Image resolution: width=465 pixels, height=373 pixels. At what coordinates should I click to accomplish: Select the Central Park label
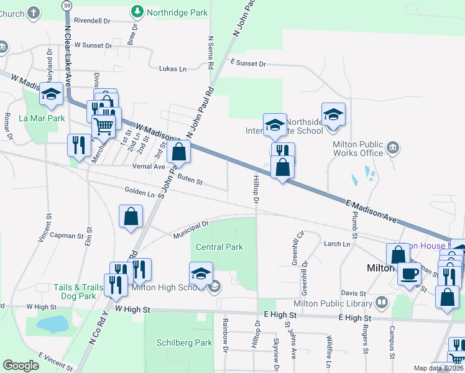pyautogui.click(x=219, y=247)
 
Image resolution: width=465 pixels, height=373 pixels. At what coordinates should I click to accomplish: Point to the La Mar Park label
pyautogui.click(x=42, y=118)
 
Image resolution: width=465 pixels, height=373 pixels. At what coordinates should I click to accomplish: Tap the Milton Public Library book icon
pyautogui.click(x=381, y=302)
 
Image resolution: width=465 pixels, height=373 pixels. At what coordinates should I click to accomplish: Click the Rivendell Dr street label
pyautogui.click(x=91, y=21)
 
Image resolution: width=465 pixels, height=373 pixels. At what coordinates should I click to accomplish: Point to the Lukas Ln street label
pyautogui.click(x=173, y=68)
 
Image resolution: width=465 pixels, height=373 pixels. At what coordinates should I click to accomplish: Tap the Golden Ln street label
pyautogui.click(x=139, y=193)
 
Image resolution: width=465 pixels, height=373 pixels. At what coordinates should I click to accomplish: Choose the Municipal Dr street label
pyautogui.click(x=190, y=227)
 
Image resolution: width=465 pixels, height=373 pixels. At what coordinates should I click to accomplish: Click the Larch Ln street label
pyautogui.click(x=337, y=244)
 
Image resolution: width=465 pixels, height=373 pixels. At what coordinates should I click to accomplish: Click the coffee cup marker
pyautogui.click(x=409, y=274)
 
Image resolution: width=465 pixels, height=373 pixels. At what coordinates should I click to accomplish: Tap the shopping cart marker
pyautogui.click(x=103, y=126)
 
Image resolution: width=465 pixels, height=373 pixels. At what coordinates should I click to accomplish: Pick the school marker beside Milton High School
pyautogui.click(x=200, y=274)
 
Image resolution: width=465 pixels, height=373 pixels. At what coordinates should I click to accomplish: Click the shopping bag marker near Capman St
pyautogui.click(x=131, y=217)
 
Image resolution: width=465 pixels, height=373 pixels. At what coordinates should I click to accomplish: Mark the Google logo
pyautogui.click(x=21, y=366)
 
